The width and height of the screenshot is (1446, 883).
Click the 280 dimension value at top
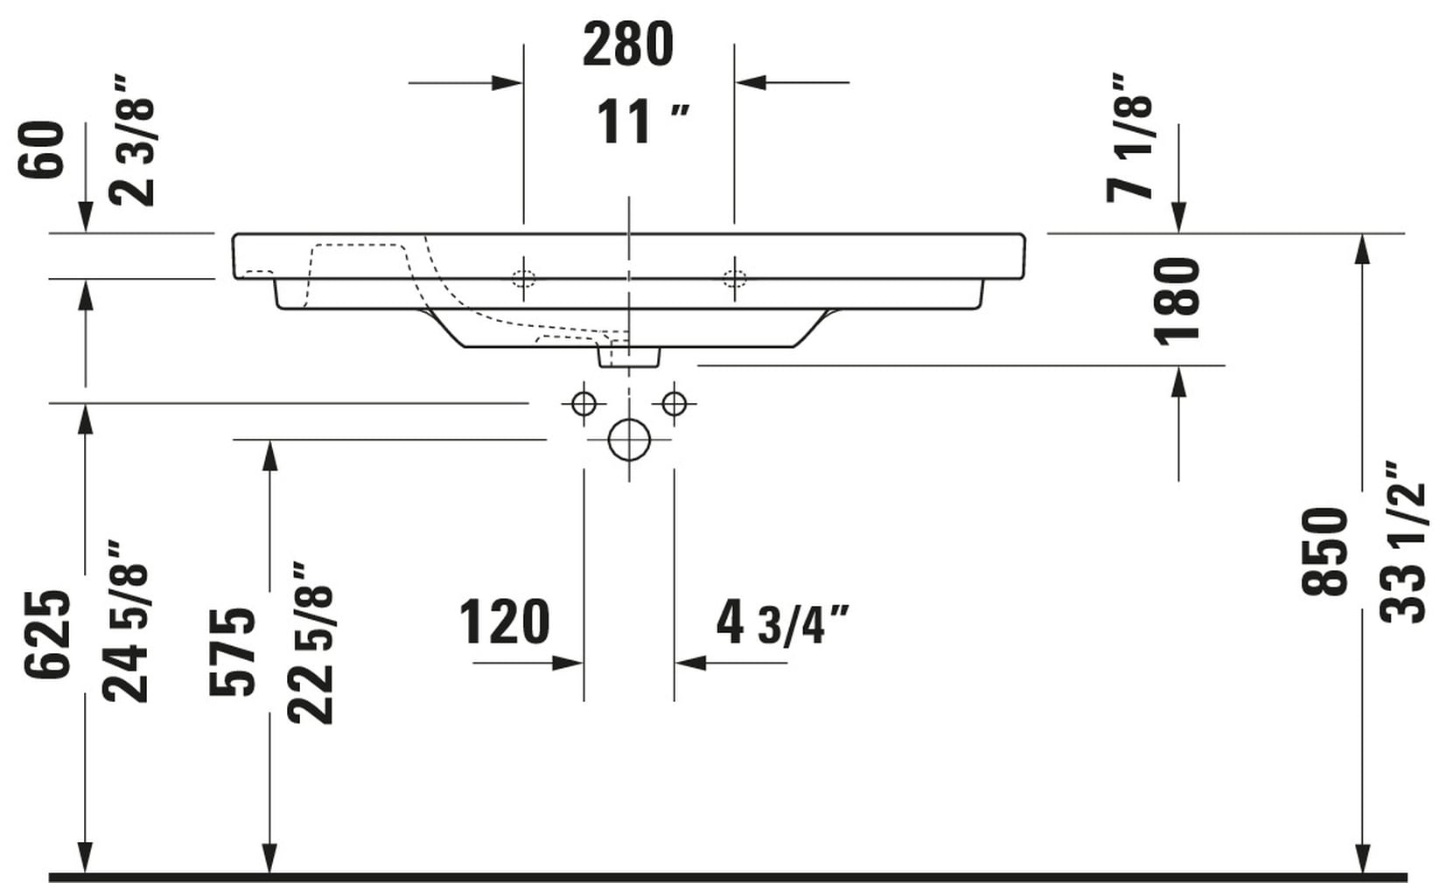627,46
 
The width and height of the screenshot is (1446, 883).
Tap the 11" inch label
641,122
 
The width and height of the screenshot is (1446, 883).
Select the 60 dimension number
42,150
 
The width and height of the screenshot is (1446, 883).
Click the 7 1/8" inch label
1130,138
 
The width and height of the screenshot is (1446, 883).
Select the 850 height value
1324,552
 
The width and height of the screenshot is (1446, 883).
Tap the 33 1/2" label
1402,542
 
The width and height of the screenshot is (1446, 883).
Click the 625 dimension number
46,635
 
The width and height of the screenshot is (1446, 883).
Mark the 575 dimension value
233,651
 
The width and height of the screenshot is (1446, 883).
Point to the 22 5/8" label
311,643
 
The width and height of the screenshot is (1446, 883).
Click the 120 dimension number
505,622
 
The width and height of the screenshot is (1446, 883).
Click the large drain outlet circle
629,439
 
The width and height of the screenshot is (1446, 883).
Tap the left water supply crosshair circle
583,404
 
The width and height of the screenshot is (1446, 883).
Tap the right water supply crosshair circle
674,404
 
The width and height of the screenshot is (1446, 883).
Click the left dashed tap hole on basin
524,279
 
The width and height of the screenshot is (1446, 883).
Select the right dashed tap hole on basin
735,279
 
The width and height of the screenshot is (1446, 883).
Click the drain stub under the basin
628,356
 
